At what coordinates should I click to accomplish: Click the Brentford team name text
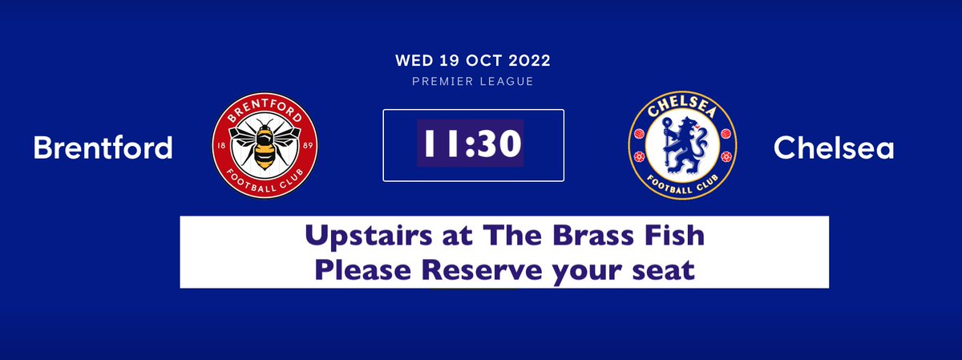click(x=103, y=148)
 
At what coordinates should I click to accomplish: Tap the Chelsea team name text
click(x=834, y=148)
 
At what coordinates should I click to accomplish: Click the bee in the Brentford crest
click(x=264, y=148)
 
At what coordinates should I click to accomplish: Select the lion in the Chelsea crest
click(x=680, y=148)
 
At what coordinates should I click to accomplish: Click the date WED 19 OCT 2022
click(x=473, y=61)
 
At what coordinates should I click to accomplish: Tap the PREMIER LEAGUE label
click(x=473, y=81)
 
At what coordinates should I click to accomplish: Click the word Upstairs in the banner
click(x=367, y=238)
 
